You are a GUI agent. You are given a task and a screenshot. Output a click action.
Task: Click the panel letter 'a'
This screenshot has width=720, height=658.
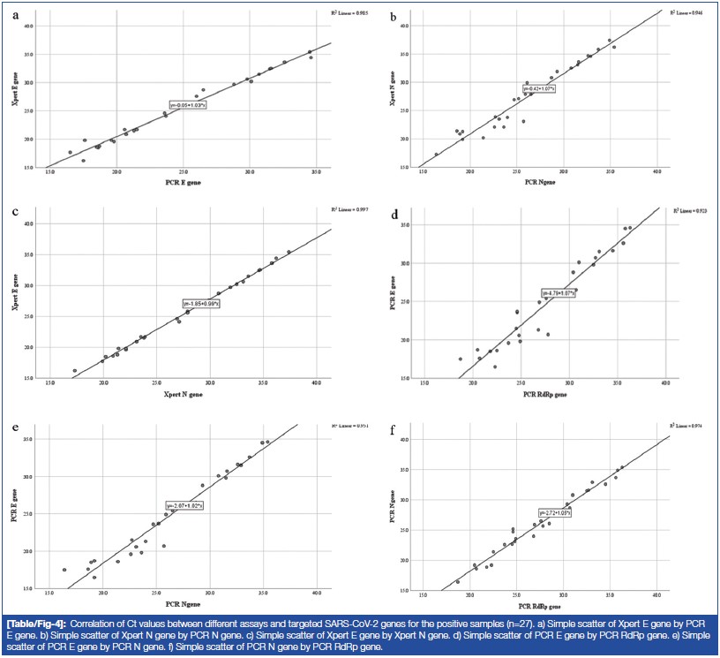[14, 16]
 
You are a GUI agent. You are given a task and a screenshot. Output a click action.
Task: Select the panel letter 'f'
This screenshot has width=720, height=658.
[369, 431]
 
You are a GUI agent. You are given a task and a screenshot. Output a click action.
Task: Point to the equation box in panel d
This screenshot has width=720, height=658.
[559, 292]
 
